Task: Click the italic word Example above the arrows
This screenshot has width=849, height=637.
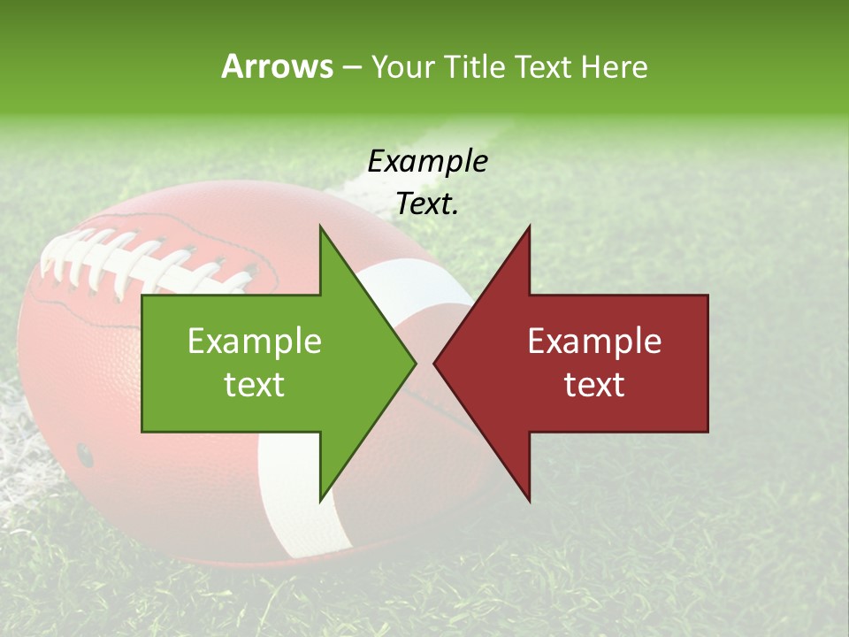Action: (x=427, y=161)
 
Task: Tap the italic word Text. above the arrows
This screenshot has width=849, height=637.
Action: (x=427, y=204)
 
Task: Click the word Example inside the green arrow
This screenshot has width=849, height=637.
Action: (x=255, y=342)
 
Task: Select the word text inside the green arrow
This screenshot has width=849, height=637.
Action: (x=255, y=385)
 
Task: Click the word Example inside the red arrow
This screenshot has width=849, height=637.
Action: (x=594, y=342)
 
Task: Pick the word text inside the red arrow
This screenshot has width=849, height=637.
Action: (x=594, y=385)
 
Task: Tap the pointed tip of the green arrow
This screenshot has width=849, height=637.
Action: (x=414, y=363)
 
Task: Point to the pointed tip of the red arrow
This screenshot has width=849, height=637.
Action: (x=436, y=363)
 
